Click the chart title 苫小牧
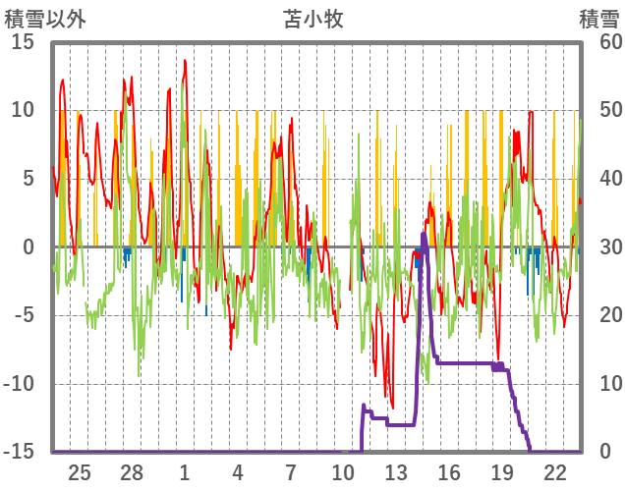[313, 19]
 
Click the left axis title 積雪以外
[46, 19]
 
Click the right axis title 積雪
[598, 19]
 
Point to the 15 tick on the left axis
[24, 42]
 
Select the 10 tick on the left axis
[24, 110]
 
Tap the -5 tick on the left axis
[24, 315]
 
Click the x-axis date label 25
[80, 472]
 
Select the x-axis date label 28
[132, 472]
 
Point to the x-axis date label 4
[238, 472]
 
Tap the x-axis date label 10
[343, 472]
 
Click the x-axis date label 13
[396, 472]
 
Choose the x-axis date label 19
[501, 472]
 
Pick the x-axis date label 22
[554, 472]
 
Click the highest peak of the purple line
[424, 234]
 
